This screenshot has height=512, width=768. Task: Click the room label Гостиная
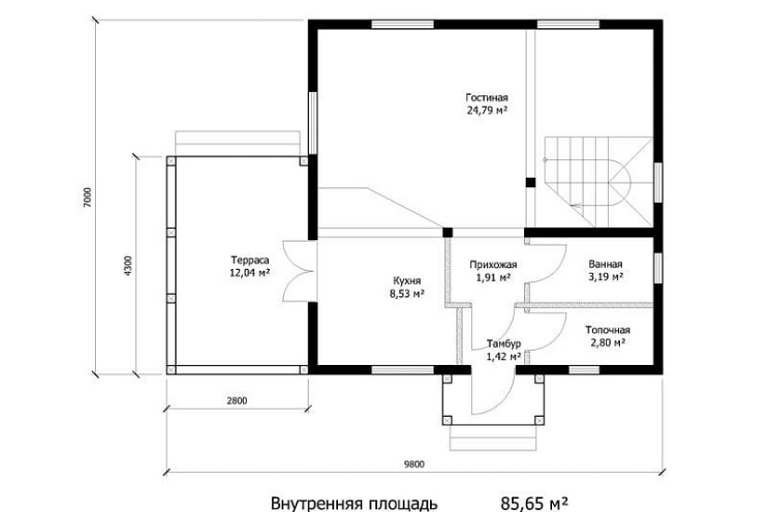click(486, 98)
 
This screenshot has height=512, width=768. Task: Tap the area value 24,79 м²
click(486, 110)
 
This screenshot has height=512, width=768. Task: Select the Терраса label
click(249, 260)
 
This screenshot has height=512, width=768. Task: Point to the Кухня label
click(407, 281)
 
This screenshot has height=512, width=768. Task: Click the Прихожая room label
click(492, 265)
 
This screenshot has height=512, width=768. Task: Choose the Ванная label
click(605, 264)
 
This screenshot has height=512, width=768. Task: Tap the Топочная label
click(608, 330)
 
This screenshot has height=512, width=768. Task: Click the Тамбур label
click(504, 344)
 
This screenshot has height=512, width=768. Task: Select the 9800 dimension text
click(414, 464)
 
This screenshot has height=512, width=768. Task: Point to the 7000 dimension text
click(88, 197)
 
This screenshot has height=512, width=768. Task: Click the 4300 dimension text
click(128, 266)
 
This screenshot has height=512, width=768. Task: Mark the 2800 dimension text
click(237, 401)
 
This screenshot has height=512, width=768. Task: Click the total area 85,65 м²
click(534, 504)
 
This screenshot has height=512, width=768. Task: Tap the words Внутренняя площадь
click(354, 504)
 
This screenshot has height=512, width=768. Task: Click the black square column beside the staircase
click(531, 182)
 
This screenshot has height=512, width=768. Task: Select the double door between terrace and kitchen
click(299, 271)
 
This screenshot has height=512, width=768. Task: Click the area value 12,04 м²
click(249, 273)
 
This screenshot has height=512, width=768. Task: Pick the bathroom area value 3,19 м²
click(606, 276)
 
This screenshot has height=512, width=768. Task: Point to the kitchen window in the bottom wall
click(402, 370)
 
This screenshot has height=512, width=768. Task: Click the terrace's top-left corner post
click(171, 161)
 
